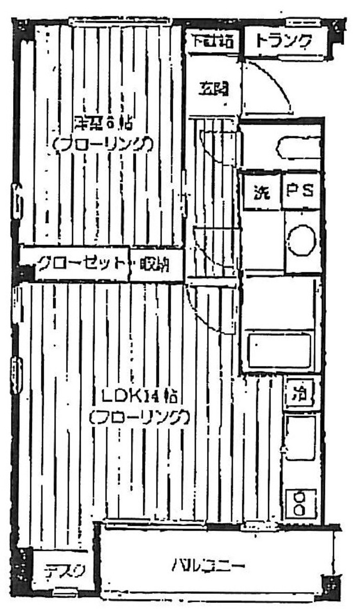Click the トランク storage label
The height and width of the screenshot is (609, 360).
283,41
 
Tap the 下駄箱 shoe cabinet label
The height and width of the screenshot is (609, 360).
212,41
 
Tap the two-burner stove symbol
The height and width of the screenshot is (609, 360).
302,502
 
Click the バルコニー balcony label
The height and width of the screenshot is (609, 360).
209,564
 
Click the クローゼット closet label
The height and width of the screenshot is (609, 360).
81,263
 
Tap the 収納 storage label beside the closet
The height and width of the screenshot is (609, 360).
155,264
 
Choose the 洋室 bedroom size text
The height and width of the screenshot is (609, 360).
104,122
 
